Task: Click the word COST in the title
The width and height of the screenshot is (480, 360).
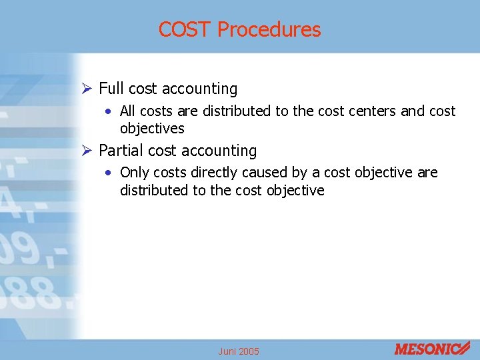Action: pyautogui.click(x=185, y=30)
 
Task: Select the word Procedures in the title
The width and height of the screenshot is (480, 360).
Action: pyautogui.click(x=269, y=30)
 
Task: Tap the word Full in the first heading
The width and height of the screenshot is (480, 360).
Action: pyautogui.click(x=111, y=89)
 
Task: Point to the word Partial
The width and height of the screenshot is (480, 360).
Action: pyautogui.click(x=121, y=151)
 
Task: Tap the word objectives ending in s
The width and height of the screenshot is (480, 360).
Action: pyautogui.click(x=152, y=129)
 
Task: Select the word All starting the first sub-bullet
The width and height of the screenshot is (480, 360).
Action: pyautogui.click(x=127, y=111)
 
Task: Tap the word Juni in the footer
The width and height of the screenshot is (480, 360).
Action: pyautogui.click(x=228, y=351)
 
